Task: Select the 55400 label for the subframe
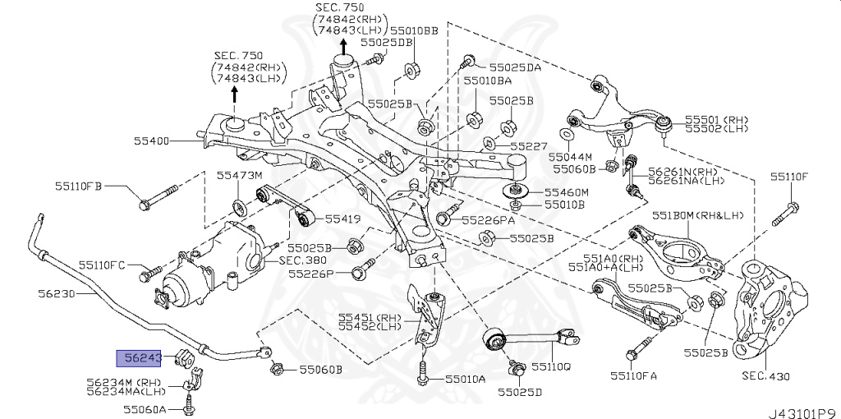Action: click(x=152, y=141)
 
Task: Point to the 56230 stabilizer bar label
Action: click(x=56, y=292)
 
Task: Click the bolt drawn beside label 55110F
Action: click(x=785, y=212)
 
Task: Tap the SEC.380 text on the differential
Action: click(x=301, y=260)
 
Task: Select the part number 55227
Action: click(x=527, y=146)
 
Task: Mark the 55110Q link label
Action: click(x=550, y=366)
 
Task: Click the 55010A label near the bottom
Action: click(x=466, y=379)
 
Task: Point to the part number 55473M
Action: click(x=239, y=176)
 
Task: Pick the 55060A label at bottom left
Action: click(x=145, y=408)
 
